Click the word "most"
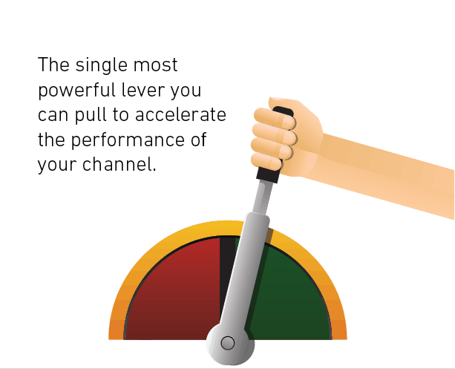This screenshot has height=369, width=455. pyautogui.click(x=158, y=66)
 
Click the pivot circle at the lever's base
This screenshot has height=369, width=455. pyautogui.click(x=228, y=342)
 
